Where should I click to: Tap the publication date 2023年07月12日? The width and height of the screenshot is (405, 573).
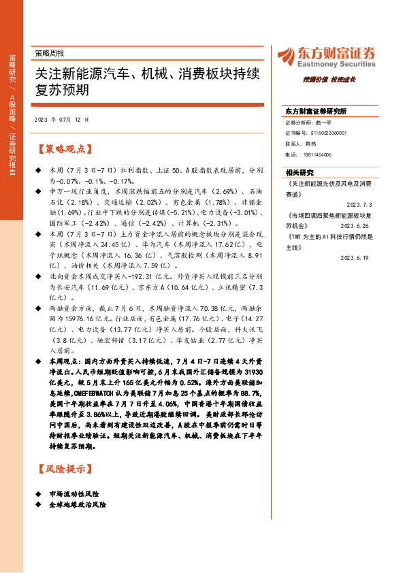coord(61,120)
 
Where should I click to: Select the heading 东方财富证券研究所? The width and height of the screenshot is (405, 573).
coord(316,111)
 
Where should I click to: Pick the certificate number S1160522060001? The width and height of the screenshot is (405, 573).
coord(324,133)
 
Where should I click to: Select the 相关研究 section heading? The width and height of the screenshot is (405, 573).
coord(299,173)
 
